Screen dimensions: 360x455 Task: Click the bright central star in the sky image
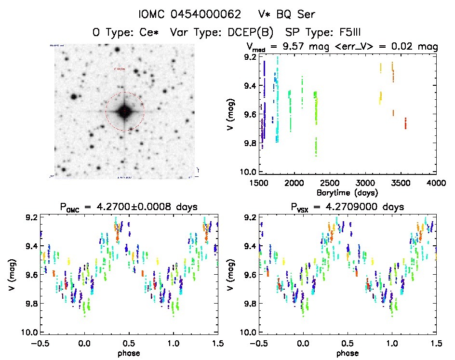[x=125, y=112]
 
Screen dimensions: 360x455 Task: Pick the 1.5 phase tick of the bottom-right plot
[x=436, y=343]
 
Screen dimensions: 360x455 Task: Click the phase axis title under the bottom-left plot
[x=129, y=352]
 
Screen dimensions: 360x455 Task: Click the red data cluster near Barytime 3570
[x=405, y=123]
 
